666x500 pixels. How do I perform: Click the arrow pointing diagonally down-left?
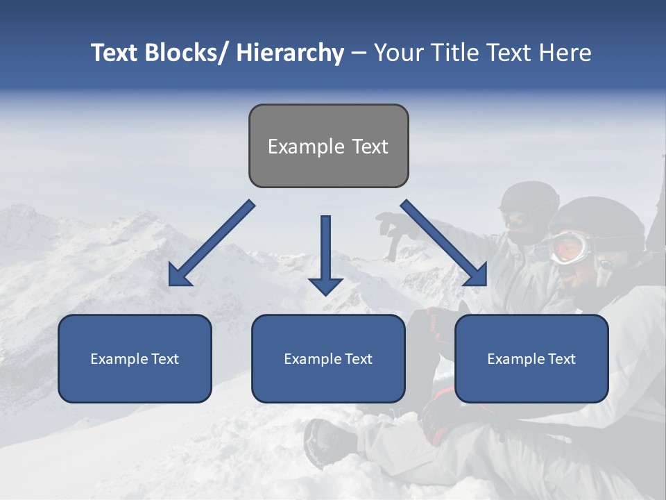click(211, 244)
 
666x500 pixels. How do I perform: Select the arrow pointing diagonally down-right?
click(444, 244)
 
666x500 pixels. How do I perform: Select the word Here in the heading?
click(565, 53)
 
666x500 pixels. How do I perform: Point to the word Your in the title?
click(398, 53)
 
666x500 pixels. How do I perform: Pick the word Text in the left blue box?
click(165, 359)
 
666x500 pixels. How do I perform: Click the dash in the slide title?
click(359, 53)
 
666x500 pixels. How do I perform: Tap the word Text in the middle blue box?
click(359, 359)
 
